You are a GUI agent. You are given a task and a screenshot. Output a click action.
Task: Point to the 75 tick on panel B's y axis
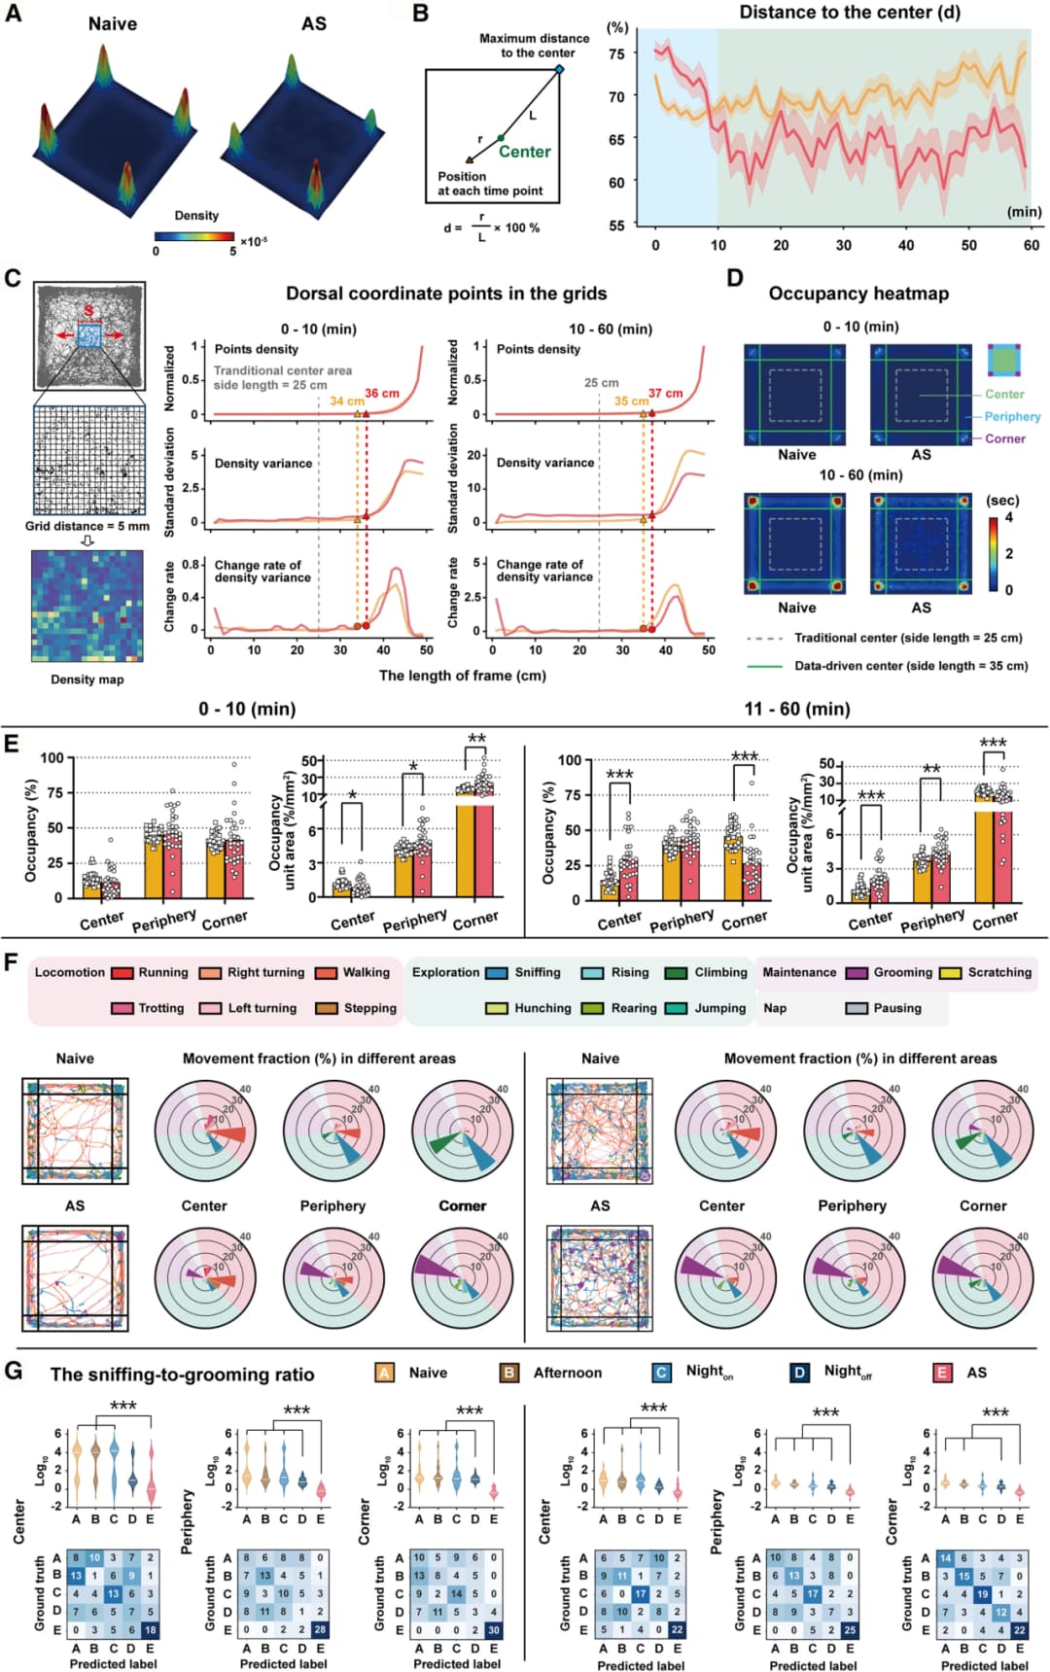[616, 53]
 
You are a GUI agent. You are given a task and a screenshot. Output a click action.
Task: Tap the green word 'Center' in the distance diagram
[524, 152]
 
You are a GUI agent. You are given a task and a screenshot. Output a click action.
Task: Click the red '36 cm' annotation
[382, 394]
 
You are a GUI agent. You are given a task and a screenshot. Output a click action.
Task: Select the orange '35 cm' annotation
[631, 401]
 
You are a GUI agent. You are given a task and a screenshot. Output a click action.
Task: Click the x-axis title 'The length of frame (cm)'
[462, 676]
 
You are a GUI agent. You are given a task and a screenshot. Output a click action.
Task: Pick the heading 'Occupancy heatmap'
[858, 294]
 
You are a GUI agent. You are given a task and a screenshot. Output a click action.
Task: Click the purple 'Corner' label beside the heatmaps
[1004, 438]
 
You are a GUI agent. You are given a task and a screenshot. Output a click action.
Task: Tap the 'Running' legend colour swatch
[122, 972]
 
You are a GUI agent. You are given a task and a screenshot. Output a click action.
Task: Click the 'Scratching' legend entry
[998, 972]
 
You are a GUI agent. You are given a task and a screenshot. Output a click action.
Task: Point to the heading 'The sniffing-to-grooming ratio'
[183, 1375]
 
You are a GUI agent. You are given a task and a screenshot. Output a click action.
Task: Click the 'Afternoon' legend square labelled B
[508, 1373]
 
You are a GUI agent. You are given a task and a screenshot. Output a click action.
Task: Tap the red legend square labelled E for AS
[942, 1373]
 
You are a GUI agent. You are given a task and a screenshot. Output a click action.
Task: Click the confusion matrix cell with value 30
[494, 1630]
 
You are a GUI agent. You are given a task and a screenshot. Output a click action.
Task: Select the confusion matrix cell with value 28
[321, 1630]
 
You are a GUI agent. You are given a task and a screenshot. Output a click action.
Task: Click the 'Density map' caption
[87, 679]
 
